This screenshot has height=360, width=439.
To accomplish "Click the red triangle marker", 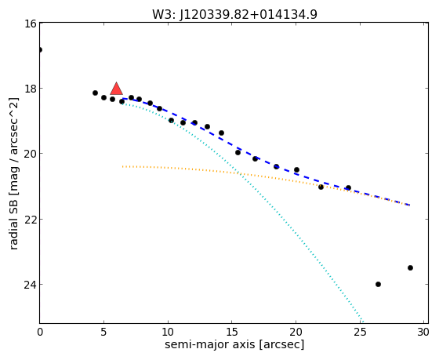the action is pos(116,89).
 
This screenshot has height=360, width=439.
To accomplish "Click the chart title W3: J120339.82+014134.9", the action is pos(234,14).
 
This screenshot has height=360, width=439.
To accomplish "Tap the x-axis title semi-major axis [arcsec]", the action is pos(234,344).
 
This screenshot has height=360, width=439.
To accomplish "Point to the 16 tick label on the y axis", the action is pos(31,24).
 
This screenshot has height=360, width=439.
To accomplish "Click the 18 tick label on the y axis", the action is pos(31,89).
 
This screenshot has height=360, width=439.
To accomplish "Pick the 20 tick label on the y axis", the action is pos(31,154).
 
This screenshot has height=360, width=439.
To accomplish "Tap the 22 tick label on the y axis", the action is pos(31,219).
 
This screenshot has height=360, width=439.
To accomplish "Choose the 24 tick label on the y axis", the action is pos(31,285).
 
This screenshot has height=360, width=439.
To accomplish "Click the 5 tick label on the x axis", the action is pos(103,333).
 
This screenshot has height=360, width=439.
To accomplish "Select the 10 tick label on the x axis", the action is pos(168,333).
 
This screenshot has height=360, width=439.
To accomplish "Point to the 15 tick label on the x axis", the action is pos(232,333).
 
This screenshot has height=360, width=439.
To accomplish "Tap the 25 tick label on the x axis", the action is pos(360,333).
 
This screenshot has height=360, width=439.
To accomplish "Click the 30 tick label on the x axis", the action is pos(423,333).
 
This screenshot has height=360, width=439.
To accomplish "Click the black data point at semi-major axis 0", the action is pos(40,50).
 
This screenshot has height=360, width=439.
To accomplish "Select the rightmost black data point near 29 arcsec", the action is pos(411,267).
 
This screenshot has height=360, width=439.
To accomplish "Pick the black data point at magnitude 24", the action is pos(378,285).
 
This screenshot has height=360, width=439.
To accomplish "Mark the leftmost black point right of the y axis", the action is pos(95,93).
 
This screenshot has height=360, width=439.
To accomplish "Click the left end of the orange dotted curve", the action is pos(122,167).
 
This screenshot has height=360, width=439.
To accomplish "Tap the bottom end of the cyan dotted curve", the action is pos(363,322).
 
